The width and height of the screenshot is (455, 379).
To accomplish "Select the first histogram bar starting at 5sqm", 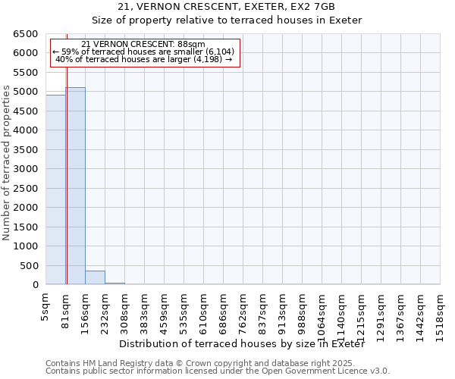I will pyautogui.click(x=55, y=189).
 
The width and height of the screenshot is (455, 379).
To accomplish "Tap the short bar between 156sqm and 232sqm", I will pyautogui.click(x=95, y=278).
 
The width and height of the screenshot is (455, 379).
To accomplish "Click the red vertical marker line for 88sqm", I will pyautogui.click(x=67, y=174).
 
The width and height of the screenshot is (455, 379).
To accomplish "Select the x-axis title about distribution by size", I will pyautogui.click(x=242, y=344).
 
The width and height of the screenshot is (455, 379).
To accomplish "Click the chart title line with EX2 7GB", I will pyautogui.click(x=227, y=7).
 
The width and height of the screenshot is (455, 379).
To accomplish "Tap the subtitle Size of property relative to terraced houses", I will pyautogui.click(x=227, y=20).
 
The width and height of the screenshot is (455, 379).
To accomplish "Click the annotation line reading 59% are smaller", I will pyautogui.click(x=144, y=52).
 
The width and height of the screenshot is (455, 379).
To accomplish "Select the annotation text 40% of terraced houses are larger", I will pyautogui.click(x=144, y=59).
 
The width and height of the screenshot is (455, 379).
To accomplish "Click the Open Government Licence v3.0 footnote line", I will pyautogui.click(x=218, y=371).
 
